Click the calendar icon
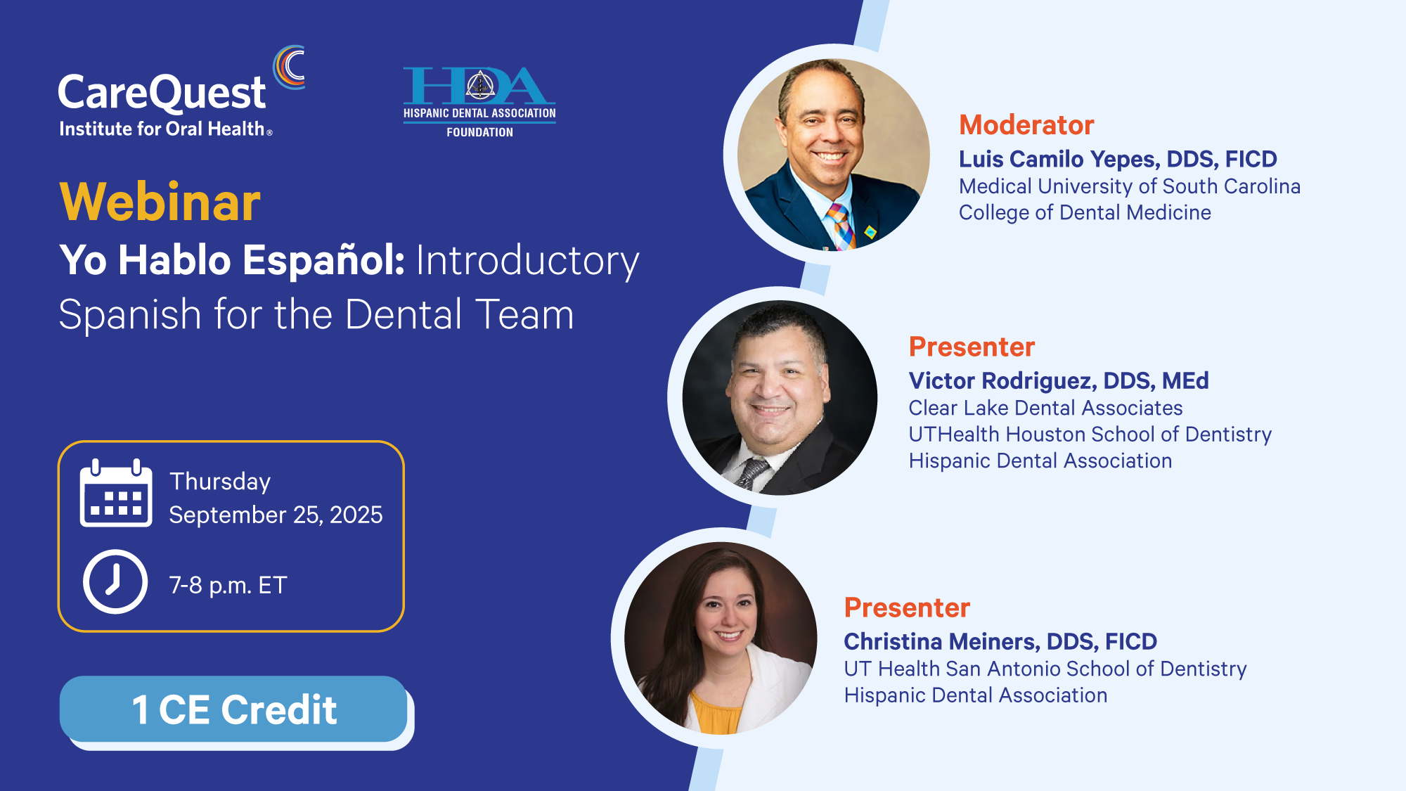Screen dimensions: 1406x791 coord(116,493)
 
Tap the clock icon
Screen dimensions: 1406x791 coord(115,582)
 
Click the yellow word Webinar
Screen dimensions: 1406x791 coord(160,202)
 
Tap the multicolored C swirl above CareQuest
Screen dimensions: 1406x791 coord(290,67)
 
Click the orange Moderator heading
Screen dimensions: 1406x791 coord(1026,125)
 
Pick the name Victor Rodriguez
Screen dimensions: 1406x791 coord(1002,380)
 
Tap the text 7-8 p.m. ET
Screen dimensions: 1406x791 coord(228,585)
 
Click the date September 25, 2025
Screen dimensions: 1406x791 coord(276,515)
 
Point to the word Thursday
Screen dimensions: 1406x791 coord(220,482)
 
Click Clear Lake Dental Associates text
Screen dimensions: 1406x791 coord(1045,408)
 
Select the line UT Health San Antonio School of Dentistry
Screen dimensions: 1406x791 coord(1045,669)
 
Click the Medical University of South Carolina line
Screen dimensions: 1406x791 coord(1130,186)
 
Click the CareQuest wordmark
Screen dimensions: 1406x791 coord(162,94)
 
